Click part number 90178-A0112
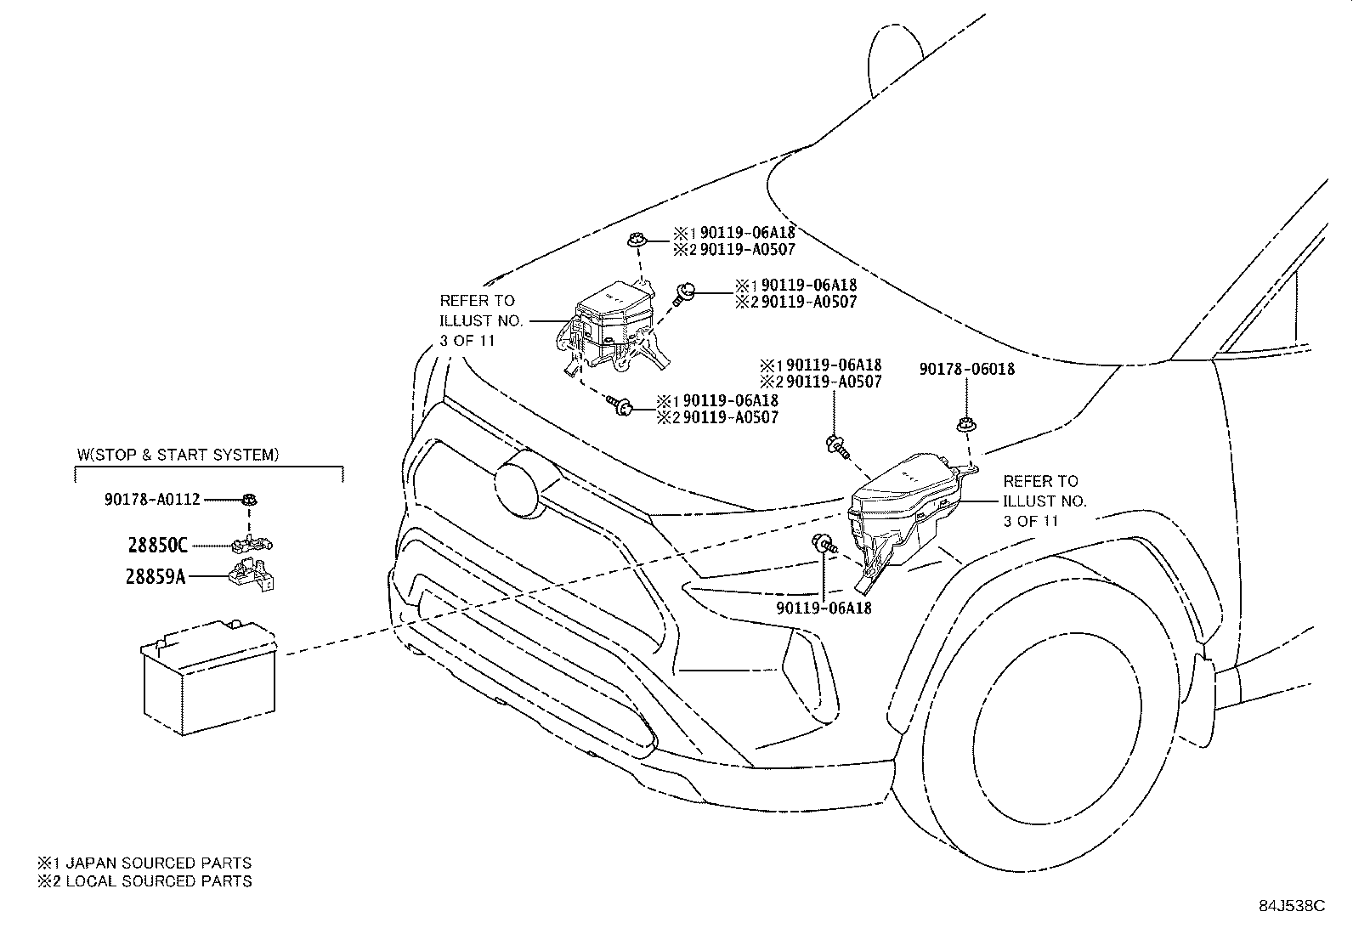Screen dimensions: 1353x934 (152, 500)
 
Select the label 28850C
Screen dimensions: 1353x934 (157, 546)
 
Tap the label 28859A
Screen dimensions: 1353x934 (156, 576)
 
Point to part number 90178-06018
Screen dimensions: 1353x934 (967, 369)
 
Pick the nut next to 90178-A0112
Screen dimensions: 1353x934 (250, 500)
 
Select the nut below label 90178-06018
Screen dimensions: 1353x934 (965, 424)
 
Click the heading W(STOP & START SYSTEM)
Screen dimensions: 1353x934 (178, 455)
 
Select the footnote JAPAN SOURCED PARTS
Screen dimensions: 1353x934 (158, 863)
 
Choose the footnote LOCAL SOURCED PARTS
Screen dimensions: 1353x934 (159, 880)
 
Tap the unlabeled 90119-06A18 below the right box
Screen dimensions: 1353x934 (824, 609)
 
